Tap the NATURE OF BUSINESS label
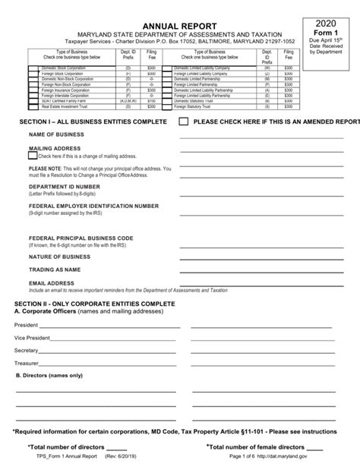point(61,257)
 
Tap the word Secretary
point(26,351)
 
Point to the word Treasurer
point(27,364)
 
